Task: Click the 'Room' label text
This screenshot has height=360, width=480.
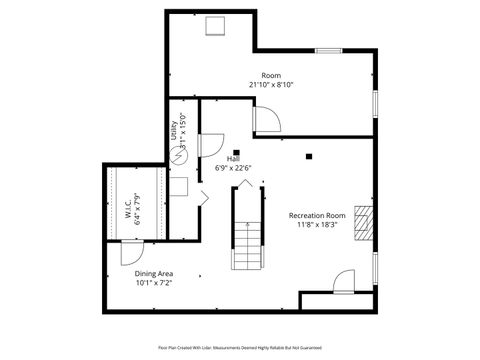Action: point(271,76)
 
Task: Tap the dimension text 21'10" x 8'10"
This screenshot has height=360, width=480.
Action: point(271,85)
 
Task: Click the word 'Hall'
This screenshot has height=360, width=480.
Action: point(233,158)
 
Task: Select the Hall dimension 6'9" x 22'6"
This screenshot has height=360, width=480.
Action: point(233,168)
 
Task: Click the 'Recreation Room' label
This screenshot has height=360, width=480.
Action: point(317,216)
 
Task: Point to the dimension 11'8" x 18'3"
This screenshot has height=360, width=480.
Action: point(317,225)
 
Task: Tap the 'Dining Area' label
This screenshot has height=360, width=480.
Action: point(154,273)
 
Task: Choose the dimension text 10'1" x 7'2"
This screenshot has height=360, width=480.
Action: point(154,283)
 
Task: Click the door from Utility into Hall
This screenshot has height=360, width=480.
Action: point(211,146)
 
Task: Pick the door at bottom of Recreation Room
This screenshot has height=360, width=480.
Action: point(343,281)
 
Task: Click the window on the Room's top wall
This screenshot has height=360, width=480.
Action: point(329,50)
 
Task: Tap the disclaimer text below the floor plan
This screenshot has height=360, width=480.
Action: point(239,347)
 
